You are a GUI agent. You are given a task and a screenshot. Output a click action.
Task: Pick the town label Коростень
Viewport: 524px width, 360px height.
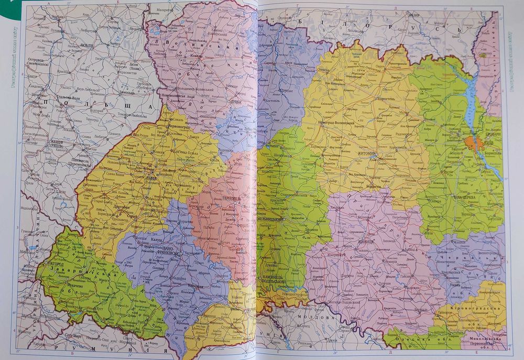point(392,98)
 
